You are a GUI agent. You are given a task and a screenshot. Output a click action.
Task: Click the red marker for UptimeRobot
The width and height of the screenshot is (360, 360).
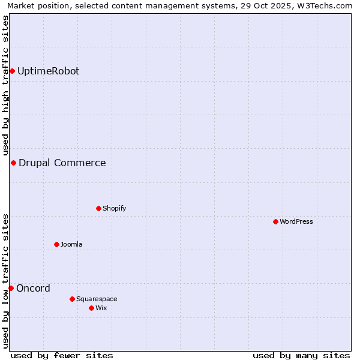(x=12, y=71)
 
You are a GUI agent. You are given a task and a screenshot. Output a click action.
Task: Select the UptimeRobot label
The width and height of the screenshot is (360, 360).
(x=48, y=71)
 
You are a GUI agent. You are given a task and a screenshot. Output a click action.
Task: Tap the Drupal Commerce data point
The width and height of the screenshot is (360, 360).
(x=13, y=163)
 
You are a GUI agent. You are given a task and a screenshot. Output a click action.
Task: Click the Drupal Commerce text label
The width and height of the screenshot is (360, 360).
(x=62, y=163)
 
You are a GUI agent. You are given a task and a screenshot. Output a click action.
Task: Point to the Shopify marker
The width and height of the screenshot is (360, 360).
(x=98, y=209)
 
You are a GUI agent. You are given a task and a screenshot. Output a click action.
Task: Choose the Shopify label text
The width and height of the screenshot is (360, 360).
(x=114, y=209)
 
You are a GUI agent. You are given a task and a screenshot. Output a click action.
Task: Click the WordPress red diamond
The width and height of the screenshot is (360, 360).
(x=275, y=222)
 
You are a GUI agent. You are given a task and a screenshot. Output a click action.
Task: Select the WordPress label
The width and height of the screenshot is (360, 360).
(x=296, y=222)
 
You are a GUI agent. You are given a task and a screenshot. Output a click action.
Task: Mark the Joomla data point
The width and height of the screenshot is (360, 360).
(x=56, y=245)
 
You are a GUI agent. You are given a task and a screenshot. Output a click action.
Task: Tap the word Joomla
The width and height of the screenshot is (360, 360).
(x=71, y=245)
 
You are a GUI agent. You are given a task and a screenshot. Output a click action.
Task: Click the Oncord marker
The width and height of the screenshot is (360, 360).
(x=11, y=289)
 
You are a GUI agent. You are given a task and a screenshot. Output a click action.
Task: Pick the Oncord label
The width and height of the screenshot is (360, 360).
(x=33, y=289)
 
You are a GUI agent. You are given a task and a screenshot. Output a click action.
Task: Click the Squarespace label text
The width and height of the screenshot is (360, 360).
(x=97, y=299)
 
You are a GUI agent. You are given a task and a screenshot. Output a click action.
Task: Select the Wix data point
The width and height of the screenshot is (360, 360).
(x=91, y=308)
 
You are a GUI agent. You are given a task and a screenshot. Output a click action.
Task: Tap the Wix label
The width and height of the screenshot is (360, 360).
(x=101, y=308)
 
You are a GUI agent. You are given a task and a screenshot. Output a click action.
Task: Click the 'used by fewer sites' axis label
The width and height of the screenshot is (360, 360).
(x=62, y=356)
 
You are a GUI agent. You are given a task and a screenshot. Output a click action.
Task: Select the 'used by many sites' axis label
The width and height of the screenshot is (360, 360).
(x=301, y=356)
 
